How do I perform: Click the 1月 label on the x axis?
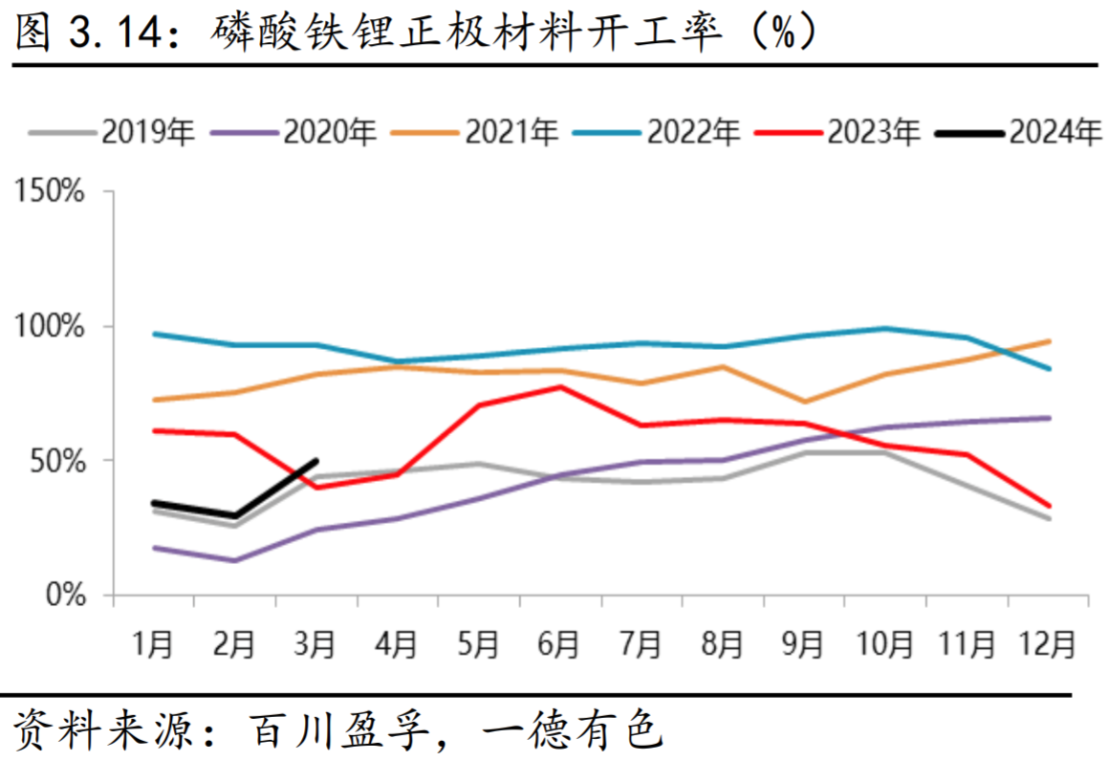pyautogui.click(x=153, y=644)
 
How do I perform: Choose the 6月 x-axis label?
pyautogui.click(x=559, y=644)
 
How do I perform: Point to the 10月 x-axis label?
pyautogui.click(x=884, y=644)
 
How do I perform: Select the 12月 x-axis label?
pyautogui.click(x=1048, y=644)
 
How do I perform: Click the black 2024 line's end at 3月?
pyautogui.click(x=316, y=461)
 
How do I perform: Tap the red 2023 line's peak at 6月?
pyautogui.click(x=561, y=387)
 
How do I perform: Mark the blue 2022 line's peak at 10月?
pyautogui.click(x=886, y=329)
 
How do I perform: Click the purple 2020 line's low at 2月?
pyautogui.click(x=234, y=560)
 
